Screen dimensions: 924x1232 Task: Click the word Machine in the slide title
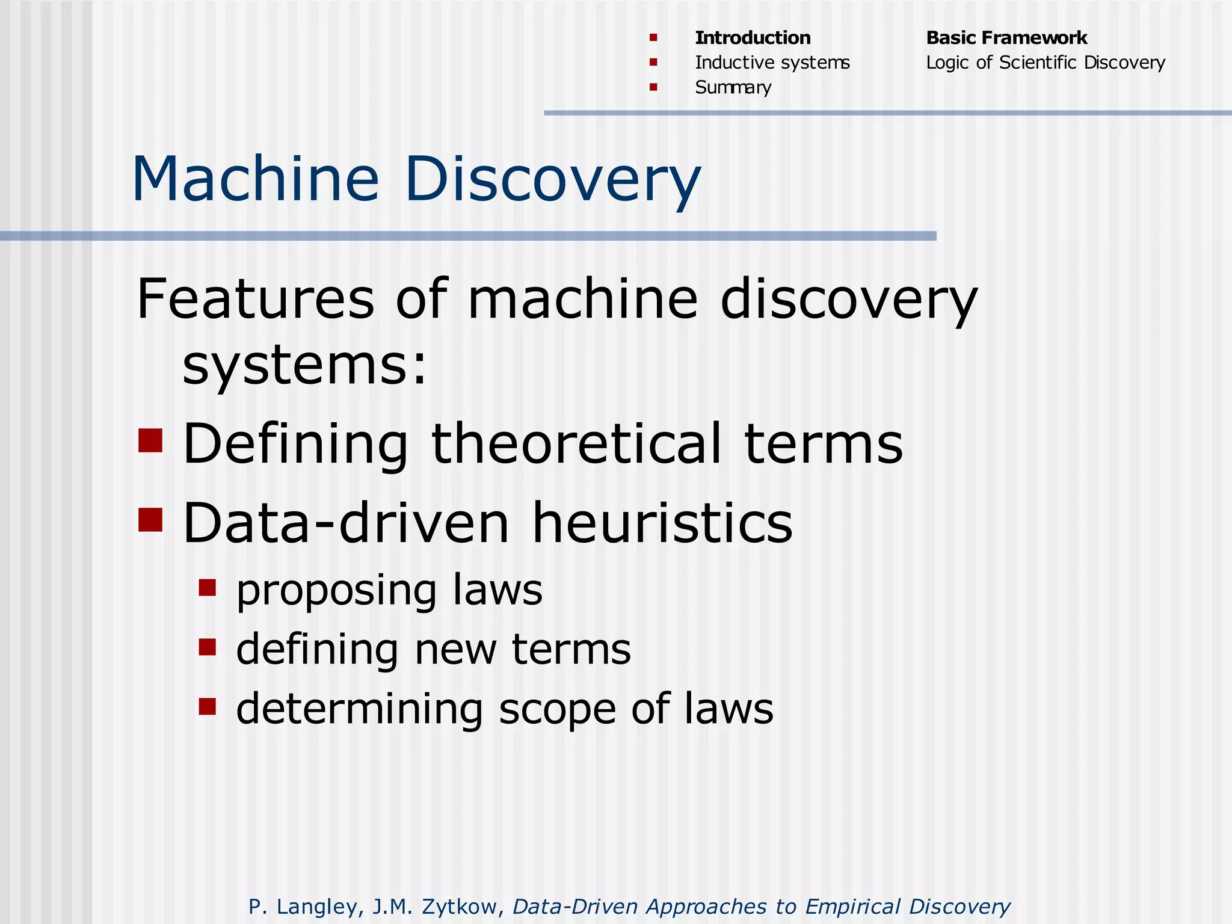click(255, 179)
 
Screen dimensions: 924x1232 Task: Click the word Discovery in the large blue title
click(553, 179)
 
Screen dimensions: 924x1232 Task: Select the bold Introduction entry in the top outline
click(753, 38)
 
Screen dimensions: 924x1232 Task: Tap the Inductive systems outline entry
click(772, 63)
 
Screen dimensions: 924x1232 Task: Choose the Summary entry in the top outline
click(733, 88)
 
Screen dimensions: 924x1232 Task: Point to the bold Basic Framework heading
click(1006, 38)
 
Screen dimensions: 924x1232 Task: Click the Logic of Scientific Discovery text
click(1046, 63)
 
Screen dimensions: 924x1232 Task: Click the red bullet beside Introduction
click(653, 38)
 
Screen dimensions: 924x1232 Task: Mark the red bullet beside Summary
click(653, 87)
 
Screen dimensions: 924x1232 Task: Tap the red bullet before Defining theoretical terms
click(150, 440)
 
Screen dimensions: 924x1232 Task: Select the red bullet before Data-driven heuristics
click(150, 520)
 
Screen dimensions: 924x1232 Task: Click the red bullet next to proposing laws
click(208, 587)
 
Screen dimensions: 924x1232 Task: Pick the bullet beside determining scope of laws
click(208, 706)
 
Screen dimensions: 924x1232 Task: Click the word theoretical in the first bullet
click(576, 443)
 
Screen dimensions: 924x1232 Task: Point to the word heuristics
click(662, 523)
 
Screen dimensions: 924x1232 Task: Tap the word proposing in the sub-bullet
click(336, 591)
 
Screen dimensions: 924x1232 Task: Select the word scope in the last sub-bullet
click(558, 709)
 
